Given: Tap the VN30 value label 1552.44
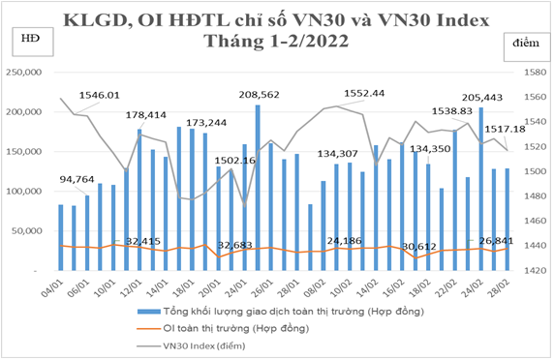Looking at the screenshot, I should coord(363,93).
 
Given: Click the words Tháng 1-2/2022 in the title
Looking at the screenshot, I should coord(276,41).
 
